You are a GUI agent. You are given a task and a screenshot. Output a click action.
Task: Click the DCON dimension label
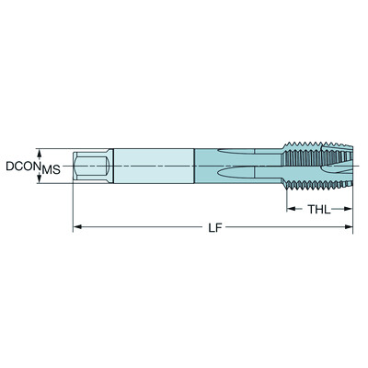[x=20, y=167]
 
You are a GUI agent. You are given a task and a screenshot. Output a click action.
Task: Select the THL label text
[x=317, y=209]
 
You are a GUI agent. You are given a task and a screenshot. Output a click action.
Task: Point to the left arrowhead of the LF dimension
[x=77, y=225]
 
